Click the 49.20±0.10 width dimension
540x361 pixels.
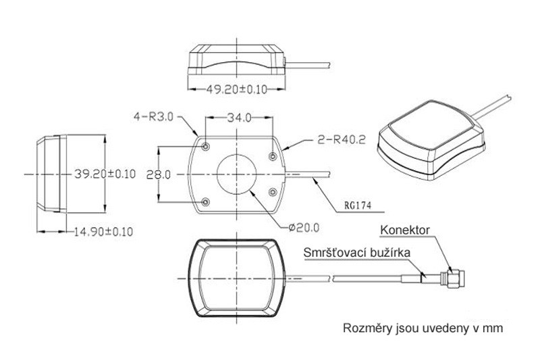236,88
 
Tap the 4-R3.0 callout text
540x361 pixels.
155,116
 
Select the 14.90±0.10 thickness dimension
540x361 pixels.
103,232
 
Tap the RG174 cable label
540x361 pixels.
355,203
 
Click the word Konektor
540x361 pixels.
404,230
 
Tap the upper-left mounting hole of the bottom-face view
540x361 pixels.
206,145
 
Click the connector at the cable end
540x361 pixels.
451,276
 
